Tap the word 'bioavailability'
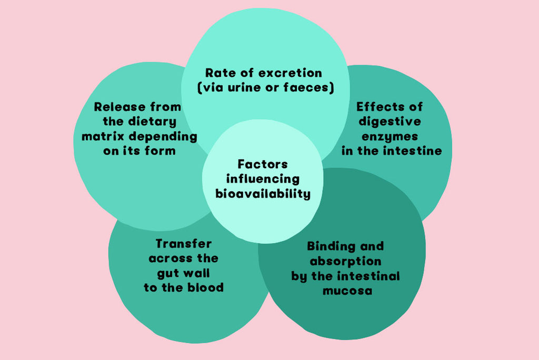263,194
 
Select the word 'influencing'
263,179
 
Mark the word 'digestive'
390,122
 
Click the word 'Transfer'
183,244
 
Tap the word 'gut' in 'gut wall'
168,273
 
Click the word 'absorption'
345,261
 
